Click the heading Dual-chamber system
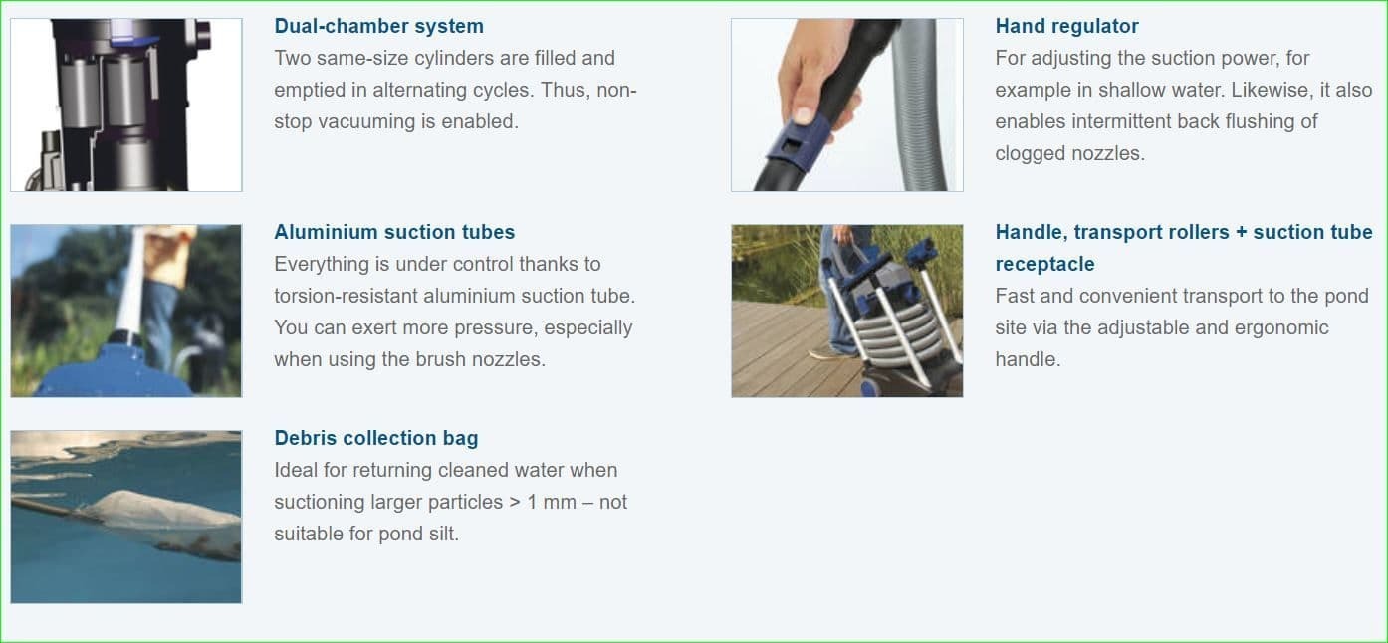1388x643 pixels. pyautogui.click(x=378, y=26)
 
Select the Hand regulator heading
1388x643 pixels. pyautogui.click(x=1066, y=26)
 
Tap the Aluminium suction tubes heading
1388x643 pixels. pyautogui.click(x=394, y=232)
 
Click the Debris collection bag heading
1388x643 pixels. pyautogui.click(x=376, y=438)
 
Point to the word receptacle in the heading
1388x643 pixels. pyautogui.click(x=1044, y=264)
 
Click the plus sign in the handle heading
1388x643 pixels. pyautogui.click(x=1242, y=232)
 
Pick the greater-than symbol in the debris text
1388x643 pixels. pyautogui.click(x=515, y=503)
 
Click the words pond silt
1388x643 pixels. pyautogui.click(x=419, y=534)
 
